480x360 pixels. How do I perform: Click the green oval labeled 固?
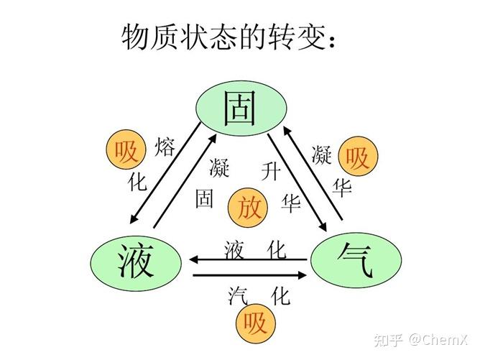pyautogui.click(x=241, y=109)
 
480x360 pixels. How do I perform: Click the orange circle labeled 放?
pyautogui.click(x=249, y=208)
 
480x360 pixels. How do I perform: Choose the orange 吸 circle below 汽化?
pyautogui.click(x=255, y=324)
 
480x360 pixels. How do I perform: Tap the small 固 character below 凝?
pyautogui.click(x=205, y=198)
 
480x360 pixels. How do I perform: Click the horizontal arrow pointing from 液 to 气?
pyautogui.click(x=248, y=274)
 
